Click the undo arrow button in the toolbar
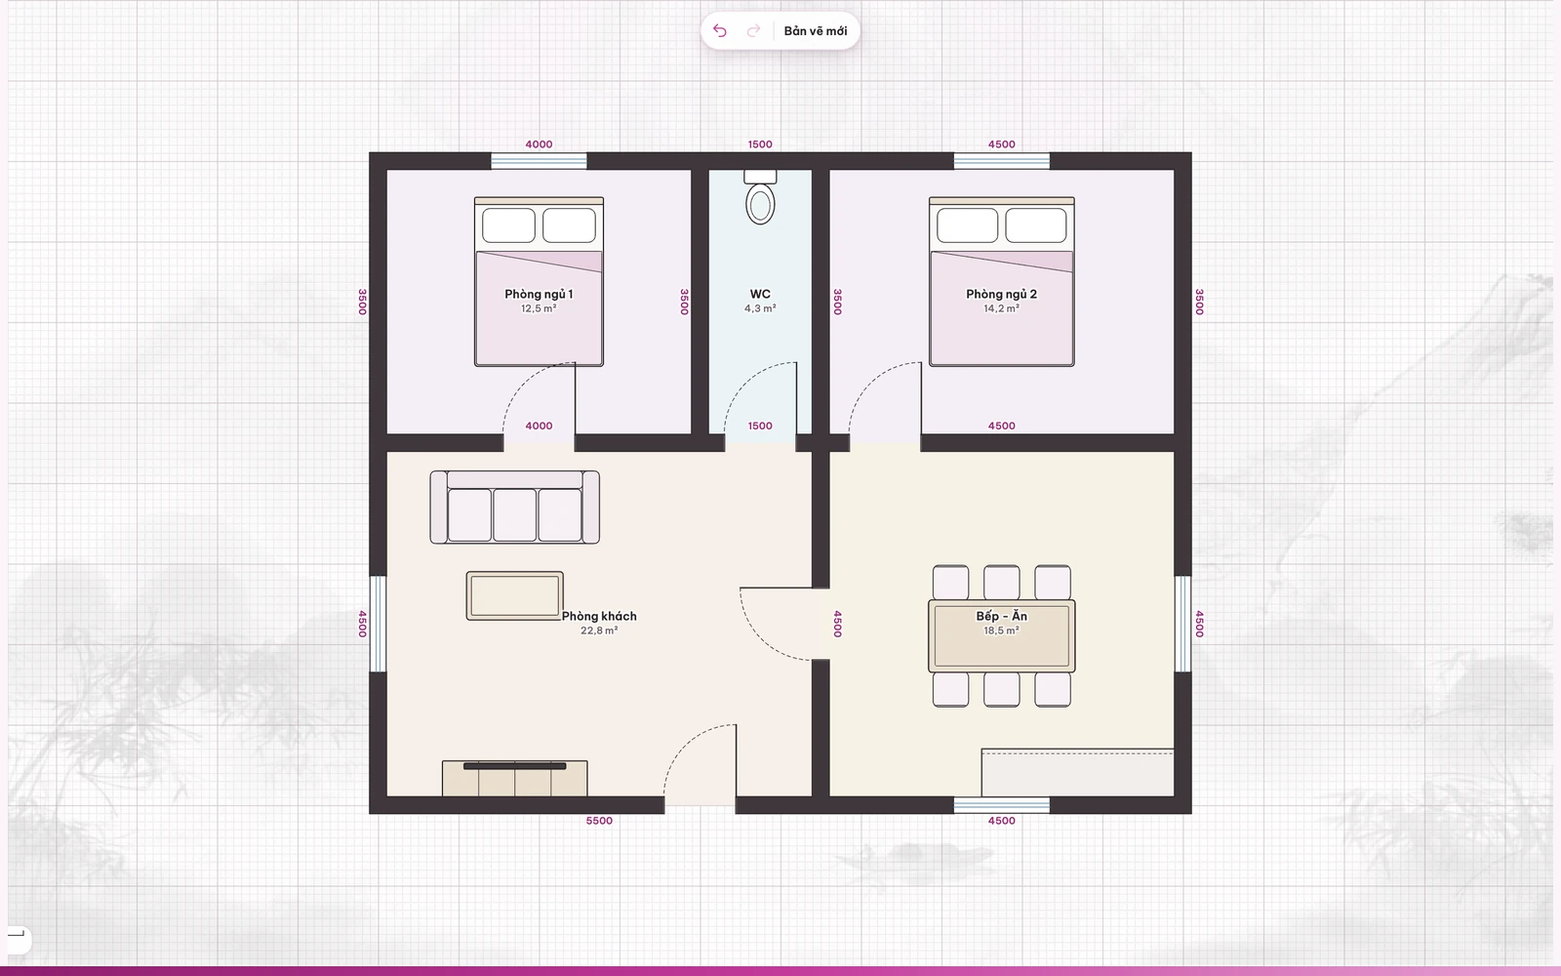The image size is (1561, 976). [720, 30]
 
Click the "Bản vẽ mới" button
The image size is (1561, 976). [816, 30]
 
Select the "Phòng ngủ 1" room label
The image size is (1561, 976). [539, 294]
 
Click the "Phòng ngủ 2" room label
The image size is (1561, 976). [1001, 294]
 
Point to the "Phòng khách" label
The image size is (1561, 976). [599, 616]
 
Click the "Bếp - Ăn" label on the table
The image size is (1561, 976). [1001, 616]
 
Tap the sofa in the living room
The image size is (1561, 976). [515, 507]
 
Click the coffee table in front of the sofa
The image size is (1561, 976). [515, 596]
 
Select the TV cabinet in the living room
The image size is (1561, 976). [515, 778]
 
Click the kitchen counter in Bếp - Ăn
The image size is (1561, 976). [1077, 772]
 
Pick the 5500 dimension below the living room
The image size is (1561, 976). [599, 821]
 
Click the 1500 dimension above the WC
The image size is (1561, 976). [760, 144]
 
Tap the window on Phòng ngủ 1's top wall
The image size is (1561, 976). [539, 161]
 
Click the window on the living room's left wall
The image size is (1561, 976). [378, 624]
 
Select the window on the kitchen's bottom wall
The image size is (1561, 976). [1001, 805]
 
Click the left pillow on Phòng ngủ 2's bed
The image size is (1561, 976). [967, 225]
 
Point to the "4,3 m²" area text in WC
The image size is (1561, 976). [760, 308]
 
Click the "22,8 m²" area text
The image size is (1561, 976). [599, 630]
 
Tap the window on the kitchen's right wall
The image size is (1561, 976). [1183, 624]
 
